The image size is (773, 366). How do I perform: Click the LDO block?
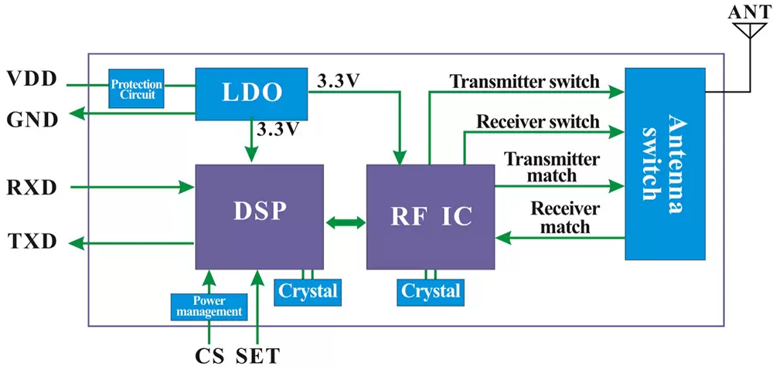point(250,93)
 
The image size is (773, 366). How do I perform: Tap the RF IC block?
point(430,217)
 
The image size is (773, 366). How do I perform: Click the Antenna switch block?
point(664,164)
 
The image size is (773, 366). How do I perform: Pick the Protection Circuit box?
point(136,89)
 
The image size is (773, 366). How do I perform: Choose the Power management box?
point(207,307)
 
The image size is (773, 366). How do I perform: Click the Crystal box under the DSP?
point(308,291)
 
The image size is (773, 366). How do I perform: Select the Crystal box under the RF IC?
point(431,291)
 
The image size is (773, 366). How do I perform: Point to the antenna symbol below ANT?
point(744,32)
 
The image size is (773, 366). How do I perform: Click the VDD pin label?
point(32,79)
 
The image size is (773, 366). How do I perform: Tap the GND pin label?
point(32,120)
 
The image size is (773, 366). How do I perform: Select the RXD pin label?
point(32,188)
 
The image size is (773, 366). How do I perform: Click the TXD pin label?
point(32,242)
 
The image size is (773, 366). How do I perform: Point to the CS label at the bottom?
point(209,355)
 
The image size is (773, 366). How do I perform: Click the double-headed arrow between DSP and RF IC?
point(345,223)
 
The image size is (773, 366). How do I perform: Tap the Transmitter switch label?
point(524,81)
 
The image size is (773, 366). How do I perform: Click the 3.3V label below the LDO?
point(277,129)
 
